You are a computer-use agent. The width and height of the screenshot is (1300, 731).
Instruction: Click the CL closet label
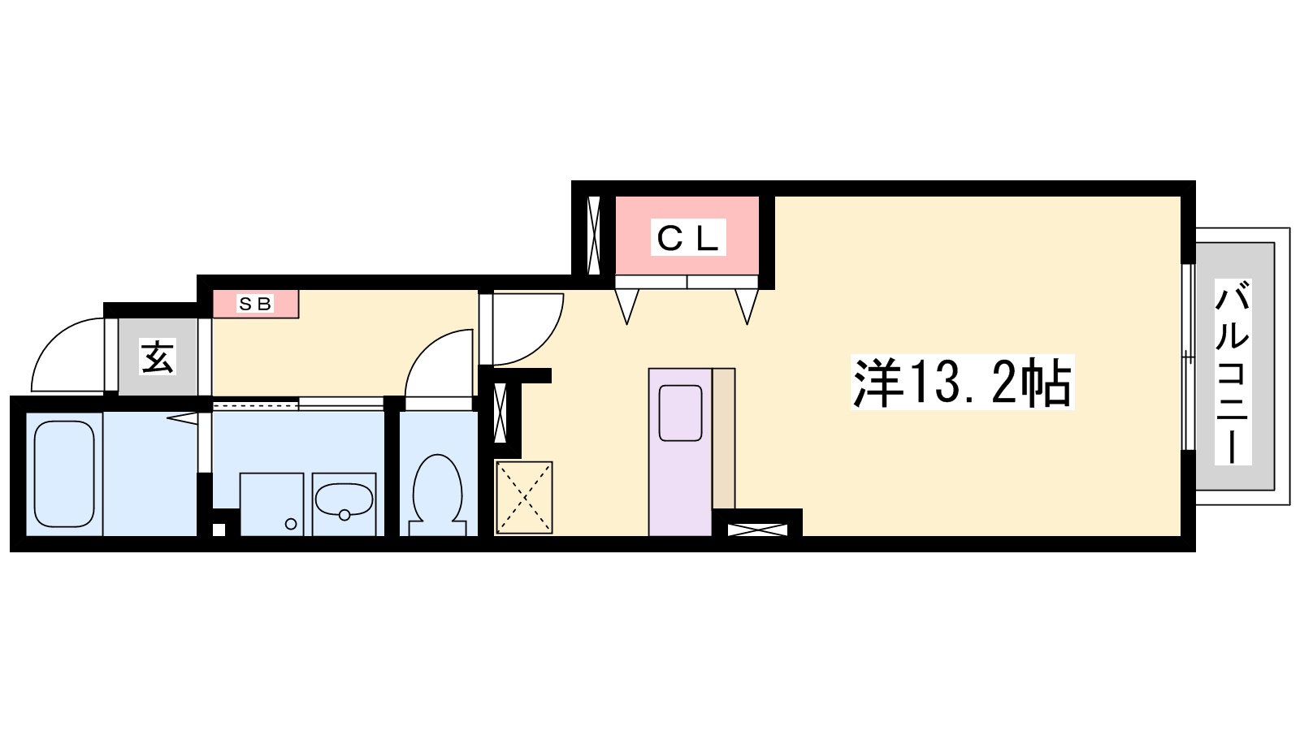coord(687,237)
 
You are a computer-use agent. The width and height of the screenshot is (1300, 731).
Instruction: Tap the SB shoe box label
coord(255,304)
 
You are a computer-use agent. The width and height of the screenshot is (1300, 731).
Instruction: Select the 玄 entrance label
coord(158,357)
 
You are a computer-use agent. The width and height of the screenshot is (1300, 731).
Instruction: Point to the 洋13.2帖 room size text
coord(962,383)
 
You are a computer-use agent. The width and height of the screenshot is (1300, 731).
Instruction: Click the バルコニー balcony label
coord(1232,371)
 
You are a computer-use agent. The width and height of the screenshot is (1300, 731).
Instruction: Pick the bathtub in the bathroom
coord(64,474)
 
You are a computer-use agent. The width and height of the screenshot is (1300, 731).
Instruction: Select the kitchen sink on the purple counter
coord(680,413)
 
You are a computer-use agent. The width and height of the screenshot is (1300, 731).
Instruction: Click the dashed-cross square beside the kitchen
coord(524,498)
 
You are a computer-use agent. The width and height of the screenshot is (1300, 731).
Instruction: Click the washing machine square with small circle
coord(271,504)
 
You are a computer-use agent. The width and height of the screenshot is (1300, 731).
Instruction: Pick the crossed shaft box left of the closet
coord(594,235)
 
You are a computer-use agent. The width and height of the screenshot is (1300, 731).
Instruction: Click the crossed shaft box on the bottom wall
coord(757,530)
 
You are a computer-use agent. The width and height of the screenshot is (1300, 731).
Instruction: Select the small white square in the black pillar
coord(219,530)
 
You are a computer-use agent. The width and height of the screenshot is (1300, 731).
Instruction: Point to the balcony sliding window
coord(1189,357)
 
